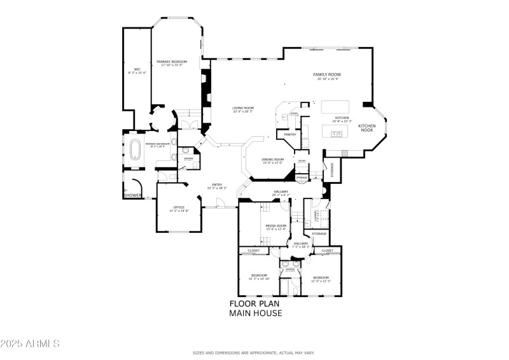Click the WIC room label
(x=137, y=69)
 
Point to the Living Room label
(x=242, y=108)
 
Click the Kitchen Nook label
(x=367, y=127)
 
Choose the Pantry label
(x=290, y=134)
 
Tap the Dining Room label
(x=273, y=160)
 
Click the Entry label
(x=217, y=186)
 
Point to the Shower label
(x=132, y=195)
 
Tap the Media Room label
(x=275, y=226)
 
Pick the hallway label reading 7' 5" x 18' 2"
(x=301, y=244)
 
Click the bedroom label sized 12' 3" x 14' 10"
(x=258, y=276)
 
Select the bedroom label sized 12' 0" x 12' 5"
(x=320, y=278)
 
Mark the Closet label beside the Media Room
(x=254, y=251)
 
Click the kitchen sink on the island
(x=335, y=133)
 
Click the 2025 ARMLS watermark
(x=30, y=343)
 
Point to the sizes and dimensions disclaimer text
(x=254, y=353)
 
